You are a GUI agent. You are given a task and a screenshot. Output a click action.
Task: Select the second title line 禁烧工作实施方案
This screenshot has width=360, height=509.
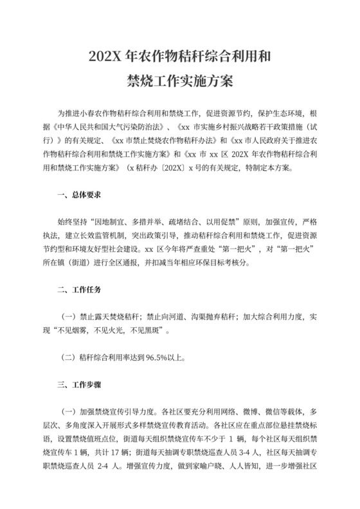pyautogui.click(x=179, y=82)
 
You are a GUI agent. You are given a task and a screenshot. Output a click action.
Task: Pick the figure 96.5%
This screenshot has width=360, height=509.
pyautogui.click(x=159, y=357)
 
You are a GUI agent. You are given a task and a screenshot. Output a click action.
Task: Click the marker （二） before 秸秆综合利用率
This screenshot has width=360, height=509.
pyautogui.click(x=67, y=357)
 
